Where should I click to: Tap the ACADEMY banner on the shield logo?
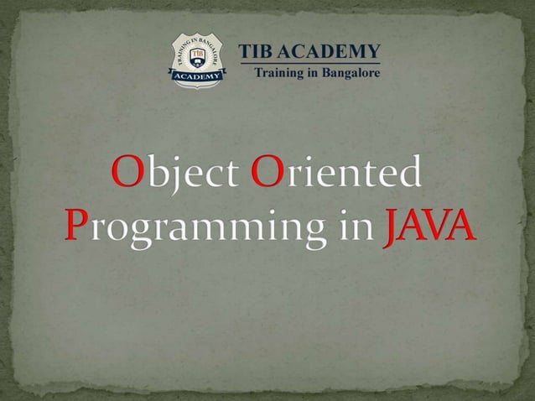(x=198, y=76)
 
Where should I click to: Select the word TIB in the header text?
(x=257, y=51)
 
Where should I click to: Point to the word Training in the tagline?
(x=280, y=73)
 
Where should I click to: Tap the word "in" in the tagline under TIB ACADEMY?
(x=314, y=73)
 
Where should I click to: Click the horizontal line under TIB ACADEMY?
(x=309, y=63)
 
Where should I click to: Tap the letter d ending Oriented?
(x=408, y=172)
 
